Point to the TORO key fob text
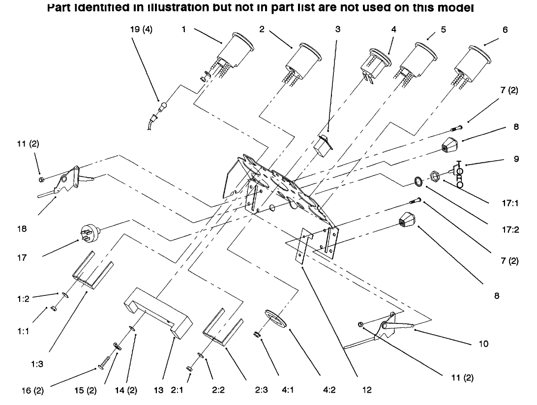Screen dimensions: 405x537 click(459, 174)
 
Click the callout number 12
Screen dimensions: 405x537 click(364, 391)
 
